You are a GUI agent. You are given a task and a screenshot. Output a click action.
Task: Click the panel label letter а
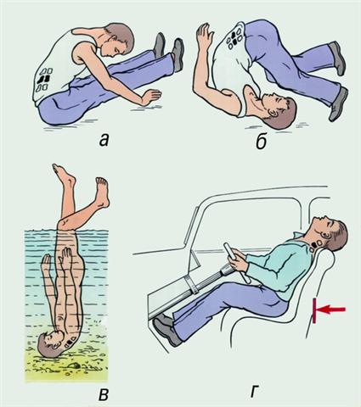click(104, 141)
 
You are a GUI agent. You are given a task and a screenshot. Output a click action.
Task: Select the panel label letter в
click(104, 394)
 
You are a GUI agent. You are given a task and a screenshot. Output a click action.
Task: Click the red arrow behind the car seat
click(330, 309)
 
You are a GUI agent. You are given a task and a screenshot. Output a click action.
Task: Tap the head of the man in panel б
click(279, 111)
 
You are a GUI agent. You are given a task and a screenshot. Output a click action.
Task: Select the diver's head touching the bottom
click(50, 343)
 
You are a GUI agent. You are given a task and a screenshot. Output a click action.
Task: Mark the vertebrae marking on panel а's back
click(45, 79)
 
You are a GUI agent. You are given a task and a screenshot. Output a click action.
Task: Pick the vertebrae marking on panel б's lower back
click(234, 36)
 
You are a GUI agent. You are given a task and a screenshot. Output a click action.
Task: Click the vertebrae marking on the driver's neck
click(316, 244)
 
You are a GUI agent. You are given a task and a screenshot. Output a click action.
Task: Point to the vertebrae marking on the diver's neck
click(71, 340)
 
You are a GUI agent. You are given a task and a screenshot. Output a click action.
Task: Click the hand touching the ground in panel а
click(150, 98)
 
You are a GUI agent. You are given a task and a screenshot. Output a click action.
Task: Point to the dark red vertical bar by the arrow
click(314, 310)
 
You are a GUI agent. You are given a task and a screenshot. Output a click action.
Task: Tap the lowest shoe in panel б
click(337, 104)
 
